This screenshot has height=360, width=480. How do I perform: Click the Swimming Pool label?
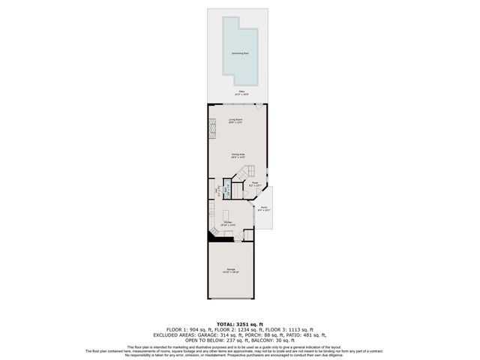tap(240, 54)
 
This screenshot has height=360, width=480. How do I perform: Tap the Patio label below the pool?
tap(240, 91)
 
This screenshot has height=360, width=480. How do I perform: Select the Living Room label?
tap(235, 121)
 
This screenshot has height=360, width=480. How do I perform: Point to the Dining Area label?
tap(237, 156)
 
